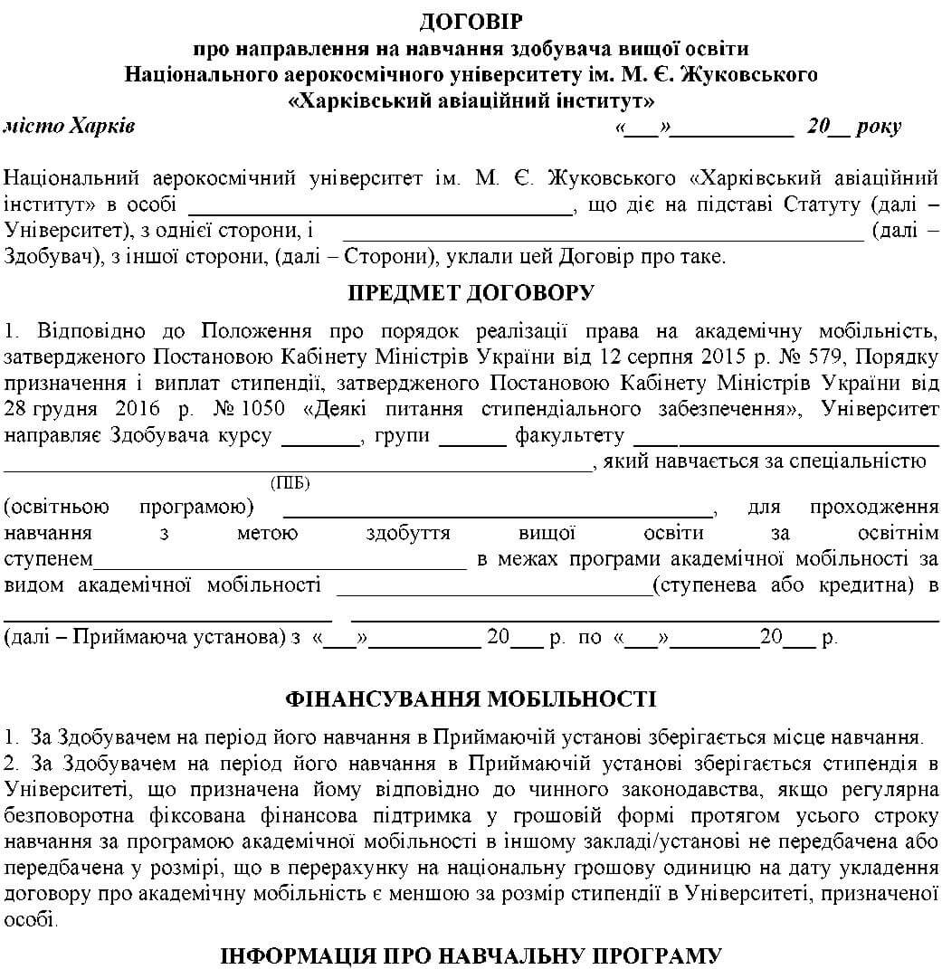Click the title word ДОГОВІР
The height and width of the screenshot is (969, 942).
tap(471, 20)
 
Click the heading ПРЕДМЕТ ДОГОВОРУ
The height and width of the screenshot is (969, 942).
tap(471, 292)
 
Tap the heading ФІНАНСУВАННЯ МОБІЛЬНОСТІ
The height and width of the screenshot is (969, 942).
tap(471, 698)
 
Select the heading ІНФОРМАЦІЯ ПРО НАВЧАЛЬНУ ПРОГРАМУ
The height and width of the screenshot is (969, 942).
tap(471, 955)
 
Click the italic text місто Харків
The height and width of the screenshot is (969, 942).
tap(70, 126)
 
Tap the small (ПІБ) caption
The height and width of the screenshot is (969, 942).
tap(290, 484)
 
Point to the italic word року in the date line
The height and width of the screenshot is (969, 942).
tap(878, 127)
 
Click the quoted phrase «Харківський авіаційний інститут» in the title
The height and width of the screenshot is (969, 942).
tap(471, 100)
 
